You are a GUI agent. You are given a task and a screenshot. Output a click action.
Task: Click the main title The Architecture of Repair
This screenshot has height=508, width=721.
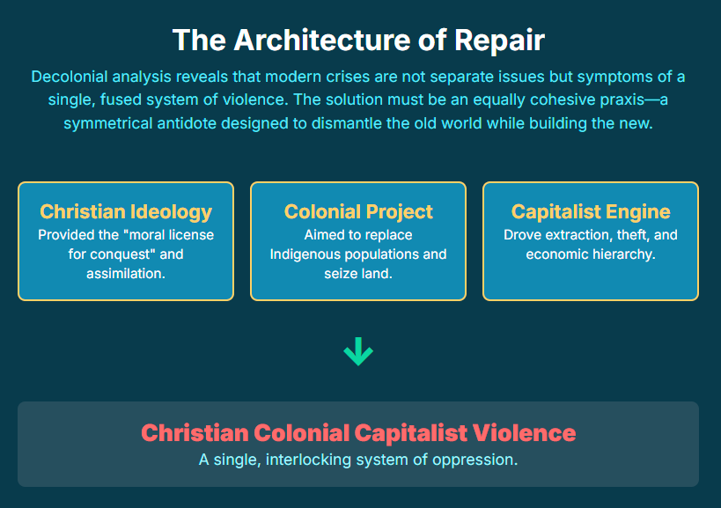(x=358, y=40)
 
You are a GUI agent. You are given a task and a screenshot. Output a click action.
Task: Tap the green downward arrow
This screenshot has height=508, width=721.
(x=358, y=352)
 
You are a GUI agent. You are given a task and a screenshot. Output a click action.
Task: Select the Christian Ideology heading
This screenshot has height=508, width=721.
(x=126, y=211)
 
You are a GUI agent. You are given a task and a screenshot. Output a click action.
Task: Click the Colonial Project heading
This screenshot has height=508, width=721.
(x=358, y=211)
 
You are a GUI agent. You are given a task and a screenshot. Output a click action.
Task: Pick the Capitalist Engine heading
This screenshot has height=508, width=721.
(x=591, y=211)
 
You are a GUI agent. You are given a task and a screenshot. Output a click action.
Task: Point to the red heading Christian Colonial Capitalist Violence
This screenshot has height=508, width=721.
(x=358, y=433)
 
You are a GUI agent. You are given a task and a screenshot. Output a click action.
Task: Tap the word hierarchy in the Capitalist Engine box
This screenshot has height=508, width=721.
(x=625, y=254)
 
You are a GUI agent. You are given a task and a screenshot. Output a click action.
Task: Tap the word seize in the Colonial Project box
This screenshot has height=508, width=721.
(x=340, y=274)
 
